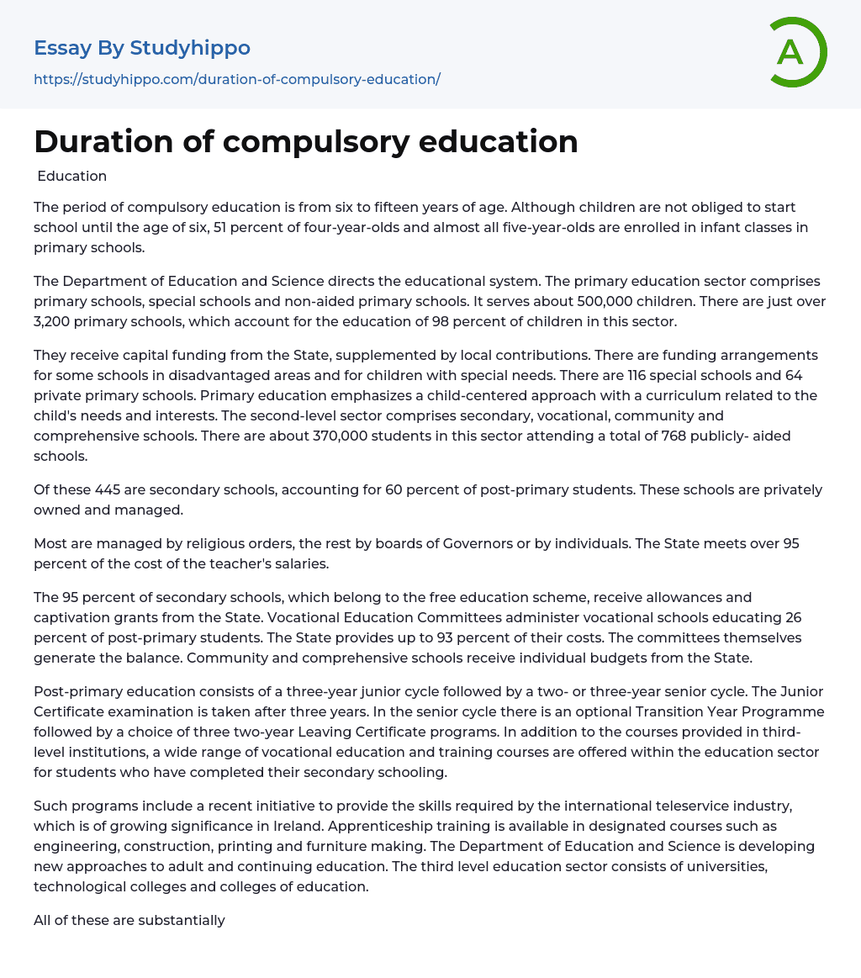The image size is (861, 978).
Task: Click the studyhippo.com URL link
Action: [x=237, y=79]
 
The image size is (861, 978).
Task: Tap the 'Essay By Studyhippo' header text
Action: [x=142, y=48]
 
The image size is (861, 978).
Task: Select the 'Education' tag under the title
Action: [x=72, y=177]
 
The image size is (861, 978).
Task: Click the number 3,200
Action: [x=57, y=321]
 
